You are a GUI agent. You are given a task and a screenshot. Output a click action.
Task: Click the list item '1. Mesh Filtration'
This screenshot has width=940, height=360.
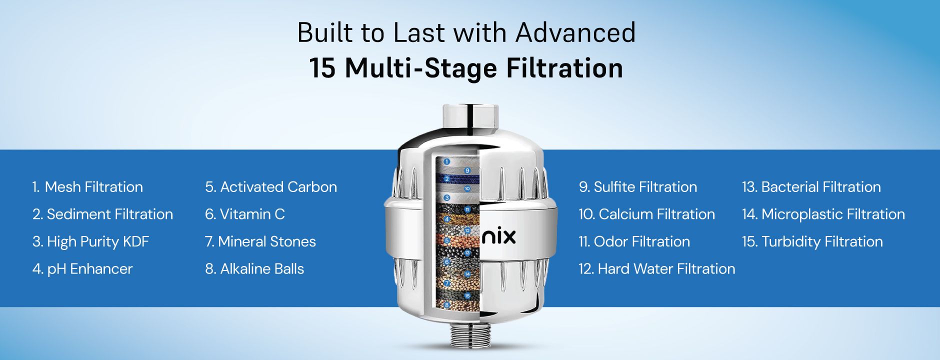[87, 187]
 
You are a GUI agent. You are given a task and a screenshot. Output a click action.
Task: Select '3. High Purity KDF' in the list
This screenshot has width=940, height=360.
[90, 241]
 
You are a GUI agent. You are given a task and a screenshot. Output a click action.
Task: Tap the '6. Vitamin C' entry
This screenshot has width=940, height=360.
[244, 214]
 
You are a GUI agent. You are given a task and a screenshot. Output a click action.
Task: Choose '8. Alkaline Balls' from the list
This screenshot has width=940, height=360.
[254, 269]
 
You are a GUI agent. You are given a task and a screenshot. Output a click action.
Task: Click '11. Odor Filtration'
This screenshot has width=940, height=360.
[634, 241]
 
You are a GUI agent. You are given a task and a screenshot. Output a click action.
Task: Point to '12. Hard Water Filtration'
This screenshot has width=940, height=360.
[656, 269]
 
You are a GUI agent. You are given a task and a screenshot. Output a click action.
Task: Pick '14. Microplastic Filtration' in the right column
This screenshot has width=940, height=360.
[823, 214]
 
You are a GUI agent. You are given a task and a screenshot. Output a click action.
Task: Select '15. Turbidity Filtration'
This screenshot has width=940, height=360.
[812, 241]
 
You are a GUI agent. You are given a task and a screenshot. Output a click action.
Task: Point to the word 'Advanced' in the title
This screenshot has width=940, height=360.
[575, 32]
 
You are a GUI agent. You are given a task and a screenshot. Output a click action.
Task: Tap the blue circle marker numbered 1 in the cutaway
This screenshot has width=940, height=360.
[447, 161]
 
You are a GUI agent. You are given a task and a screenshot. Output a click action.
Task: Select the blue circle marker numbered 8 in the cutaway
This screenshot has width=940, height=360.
[447, 304]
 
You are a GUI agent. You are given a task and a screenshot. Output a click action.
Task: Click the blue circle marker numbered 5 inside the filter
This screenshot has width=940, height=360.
[447, 240]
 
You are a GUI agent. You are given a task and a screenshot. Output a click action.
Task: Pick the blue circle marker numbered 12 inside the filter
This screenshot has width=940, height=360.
[467, 230]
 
